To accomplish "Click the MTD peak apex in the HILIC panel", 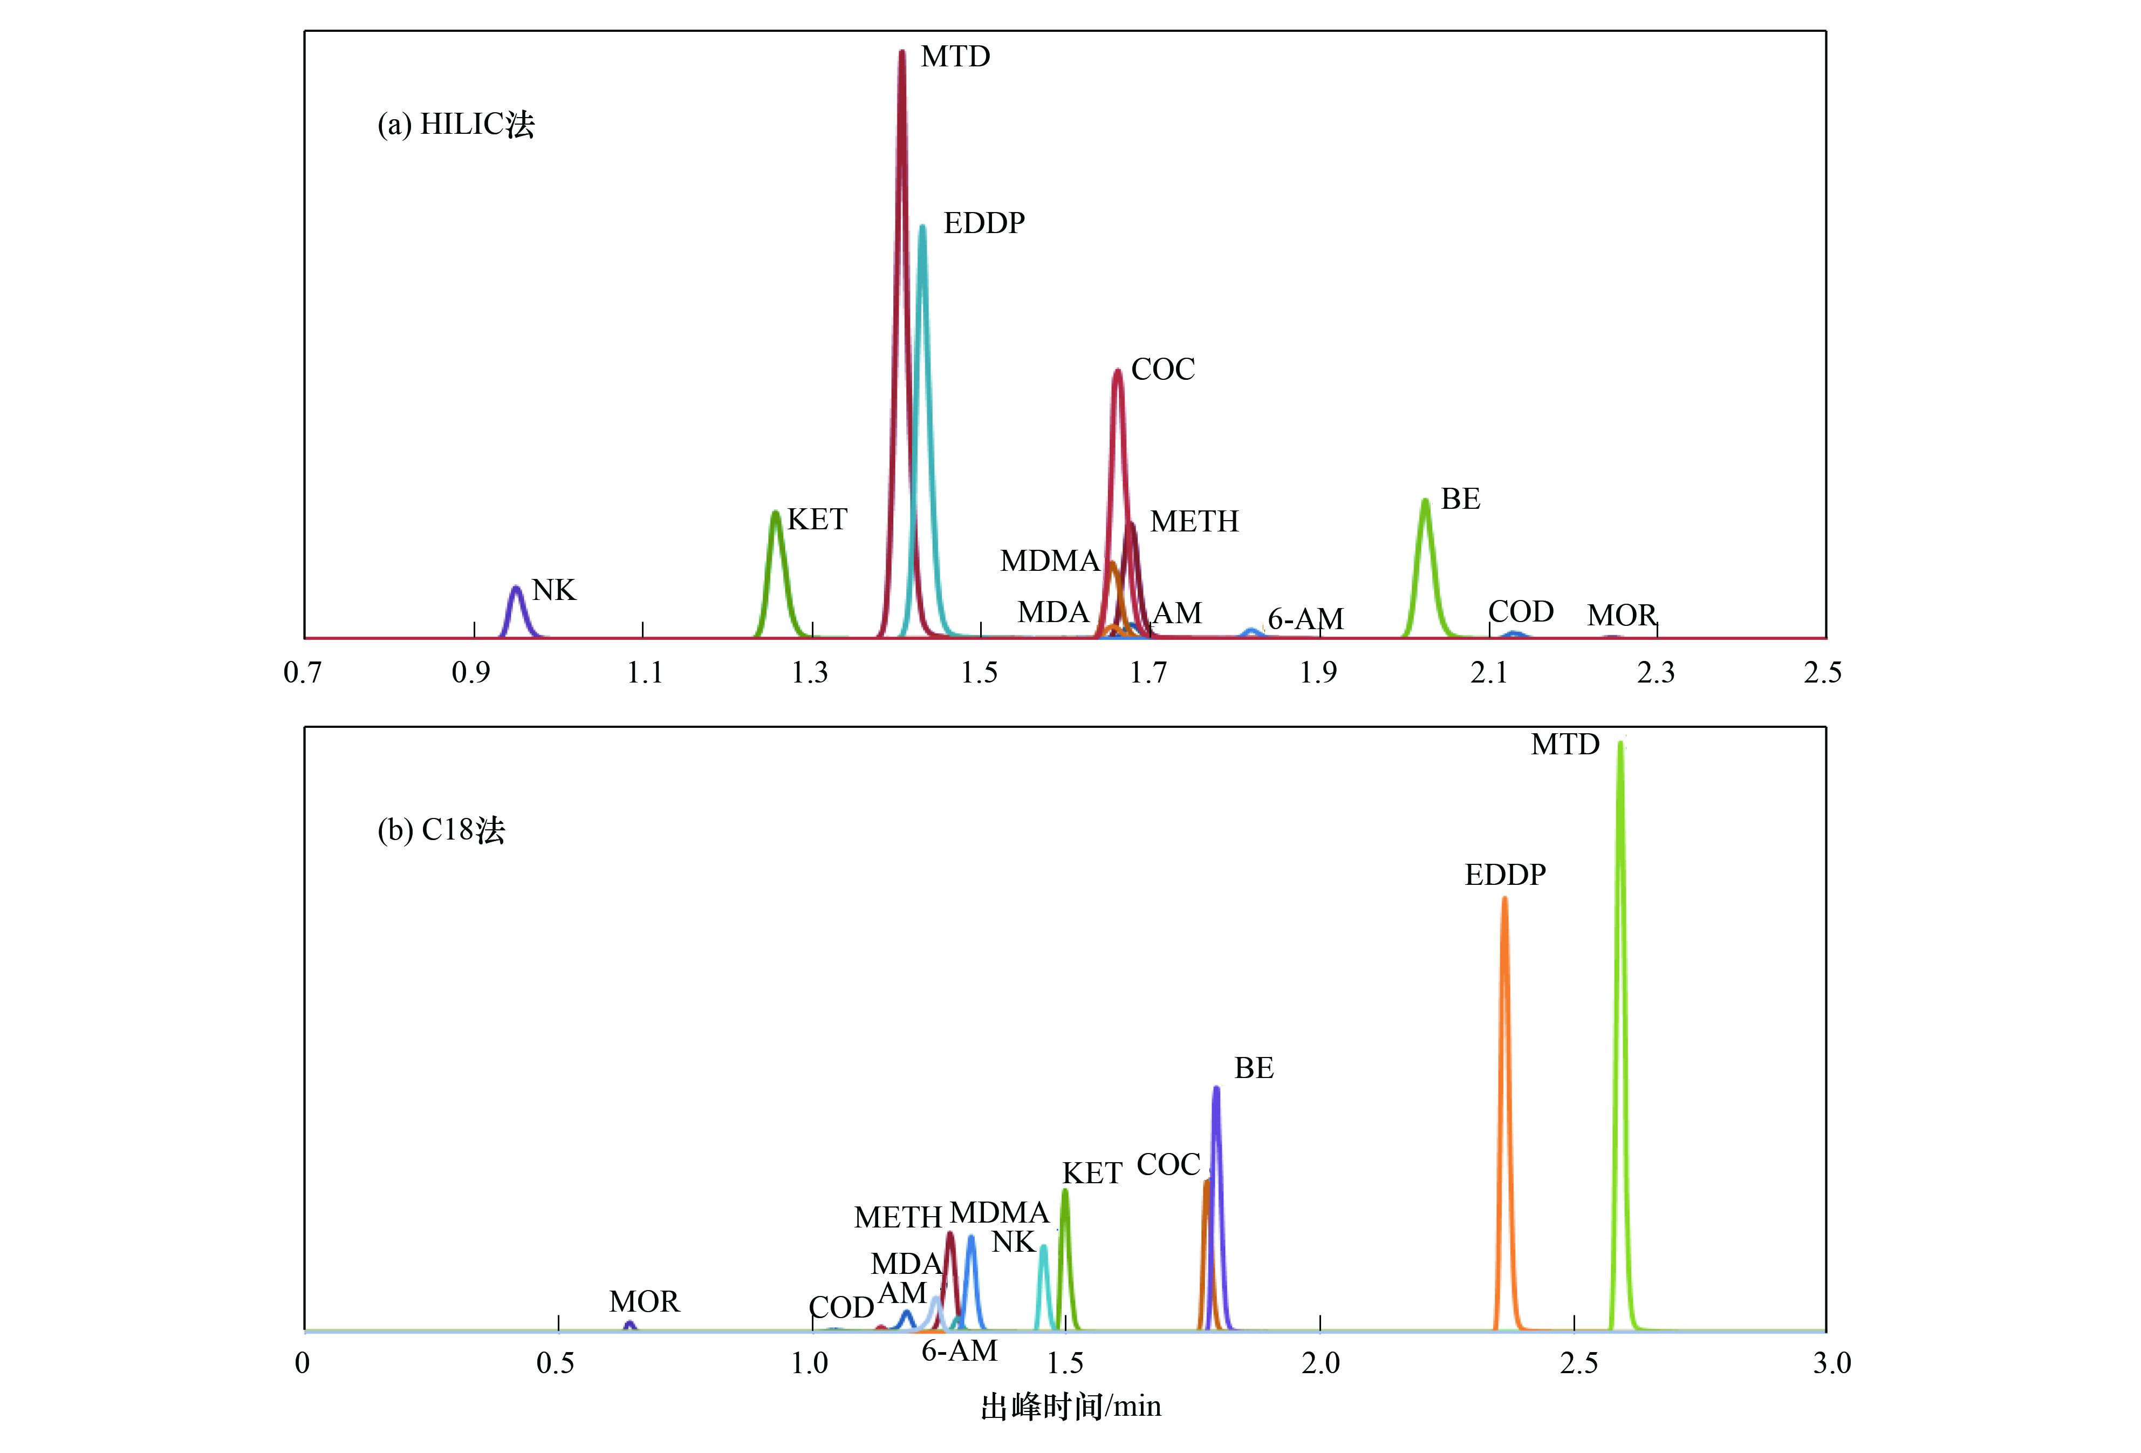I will (x=902, y=53).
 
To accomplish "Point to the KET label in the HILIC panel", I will (x=816, y=520).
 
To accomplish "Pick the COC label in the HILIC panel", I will (x=1162, y=370).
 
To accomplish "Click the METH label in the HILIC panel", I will (x=1194, y=522).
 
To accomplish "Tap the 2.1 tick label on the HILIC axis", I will (x=1488, y=673).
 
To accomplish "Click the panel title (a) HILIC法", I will (x=456, y=125).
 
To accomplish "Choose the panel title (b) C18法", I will (x=441, y=830).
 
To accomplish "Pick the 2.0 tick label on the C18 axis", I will (x=1320, y=1363).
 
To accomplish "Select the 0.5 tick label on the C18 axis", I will (x=556, y=1363).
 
